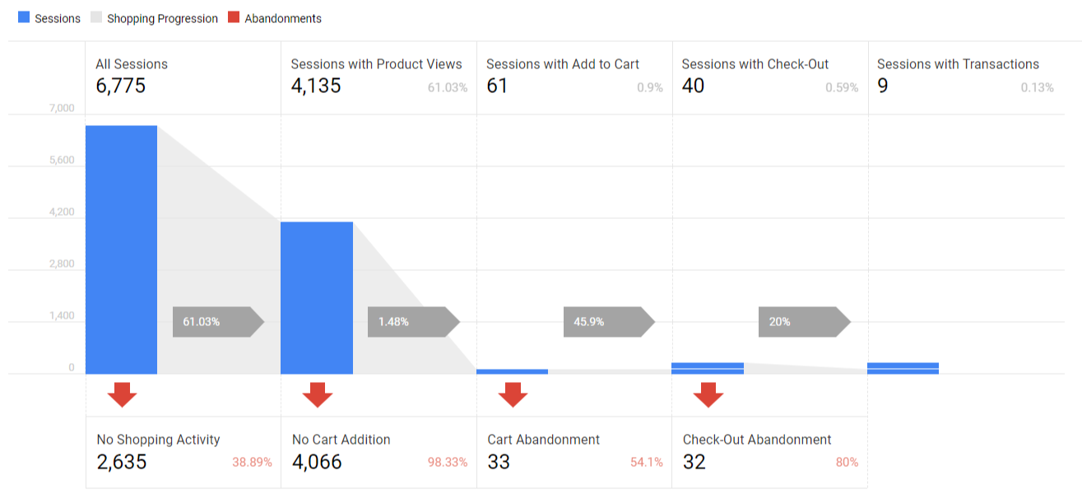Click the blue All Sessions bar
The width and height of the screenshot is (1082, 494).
(x=121, y=249)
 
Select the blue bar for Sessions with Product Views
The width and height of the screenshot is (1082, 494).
(x=317, y=297)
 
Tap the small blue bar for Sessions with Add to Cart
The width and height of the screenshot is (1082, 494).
(x=512, y=371)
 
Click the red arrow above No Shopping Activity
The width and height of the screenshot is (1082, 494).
(x=122, y=395)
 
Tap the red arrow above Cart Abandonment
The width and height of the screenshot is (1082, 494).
(x=513, y=395)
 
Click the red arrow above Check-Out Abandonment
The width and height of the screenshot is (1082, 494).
(x=708, y=395)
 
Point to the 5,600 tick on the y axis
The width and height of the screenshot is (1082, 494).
(x=62, y=161)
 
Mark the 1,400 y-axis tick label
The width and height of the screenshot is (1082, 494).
(x=62, y=316)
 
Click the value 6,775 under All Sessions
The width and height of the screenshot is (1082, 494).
(x=120, y=86)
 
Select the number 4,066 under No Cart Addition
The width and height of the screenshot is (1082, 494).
(x=317, y=462)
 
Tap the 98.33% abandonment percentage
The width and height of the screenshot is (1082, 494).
(x=448, y=463)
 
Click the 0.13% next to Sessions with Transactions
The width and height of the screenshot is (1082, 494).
(x=1037, y=87)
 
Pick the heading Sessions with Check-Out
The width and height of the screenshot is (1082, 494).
(x=755, y=64)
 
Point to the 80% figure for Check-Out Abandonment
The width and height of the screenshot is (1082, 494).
(x=847, y=463)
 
